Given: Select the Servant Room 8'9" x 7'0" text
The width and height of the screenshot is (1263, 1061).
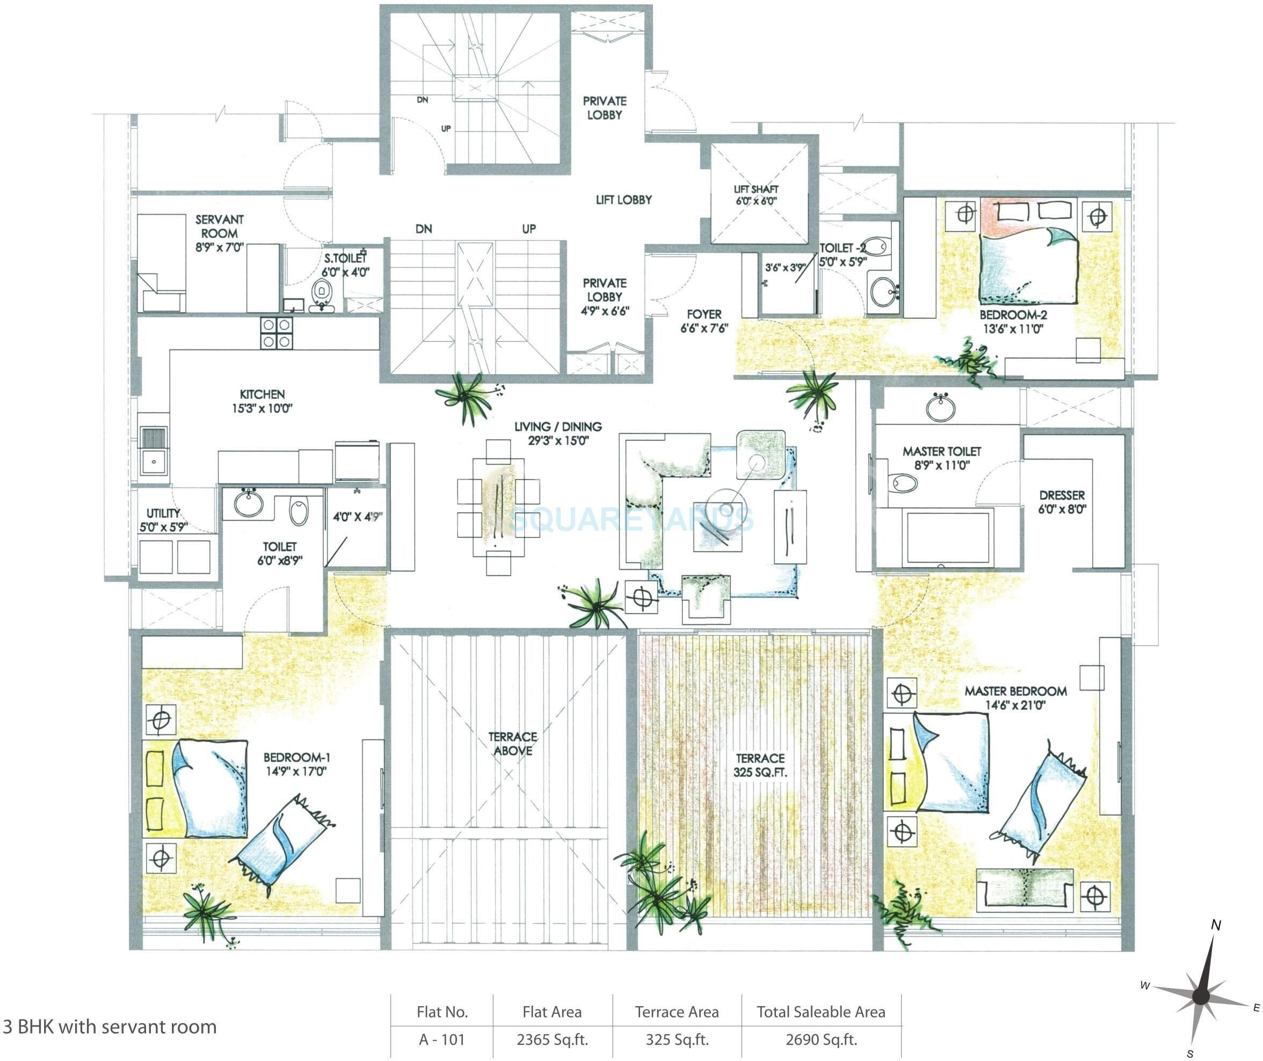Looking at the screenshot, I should pyautogui.click(x=219, y=234).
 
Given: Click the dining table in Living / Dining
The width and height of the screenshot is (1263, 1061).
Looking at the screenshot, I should pyautogui.click(x=498, y=507).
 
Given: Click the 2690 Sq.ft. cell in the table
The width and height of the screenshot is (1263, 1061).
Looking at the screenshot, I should pyautogui.click(x=821, y=1040).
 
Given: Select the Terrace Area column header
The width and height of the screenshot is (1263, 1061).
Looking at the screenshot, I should pyautogui.click(x=677, y=1012).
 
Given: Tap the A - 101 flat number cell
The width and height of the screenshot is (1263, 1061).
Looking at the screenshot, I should pyautogui.click(x=442, y=1040).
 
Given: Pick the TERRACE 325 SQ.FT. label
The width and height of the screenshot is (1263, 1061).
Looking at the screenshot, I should pyautogui.click(x=760, y=765).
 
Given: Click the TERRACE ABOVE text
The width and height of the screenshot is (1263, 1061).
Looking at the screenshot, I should pyautogui.click(x=513, y=744).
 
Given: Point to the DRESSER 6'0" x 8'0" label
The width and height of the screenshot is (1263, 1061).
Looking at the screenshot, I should pyautogui.click(x=1062, y=502).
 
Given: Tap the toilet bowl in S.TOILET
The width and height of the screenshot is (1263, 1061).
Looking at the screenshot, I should pyautogui.click(x=323, y=292).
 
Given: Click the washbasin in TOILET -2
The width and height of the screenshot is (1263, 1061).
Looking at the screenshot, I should pyautogui.click(x=882, y=292).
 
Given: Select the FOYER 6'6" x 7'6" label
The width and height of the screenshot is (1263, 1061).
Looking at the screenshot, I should pyautogui.click(x=705, y=321).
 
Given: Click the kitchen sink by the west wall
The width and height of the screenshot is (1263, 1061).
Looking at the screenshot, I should pyautogui.click(x=154, y=461).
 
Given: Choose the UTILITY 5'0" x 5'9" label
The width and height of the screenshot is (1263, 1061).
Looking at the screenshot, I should pyautogui.click(x=164, y=520).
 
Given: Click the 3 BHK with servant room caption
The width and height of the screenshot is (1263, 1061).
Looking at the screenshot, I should pyautogui.click(x=110, y=1027).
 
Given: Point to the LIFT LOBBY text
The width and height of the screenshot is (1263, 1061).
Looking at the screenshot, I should pyautogui.click(x=623, y=200).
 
